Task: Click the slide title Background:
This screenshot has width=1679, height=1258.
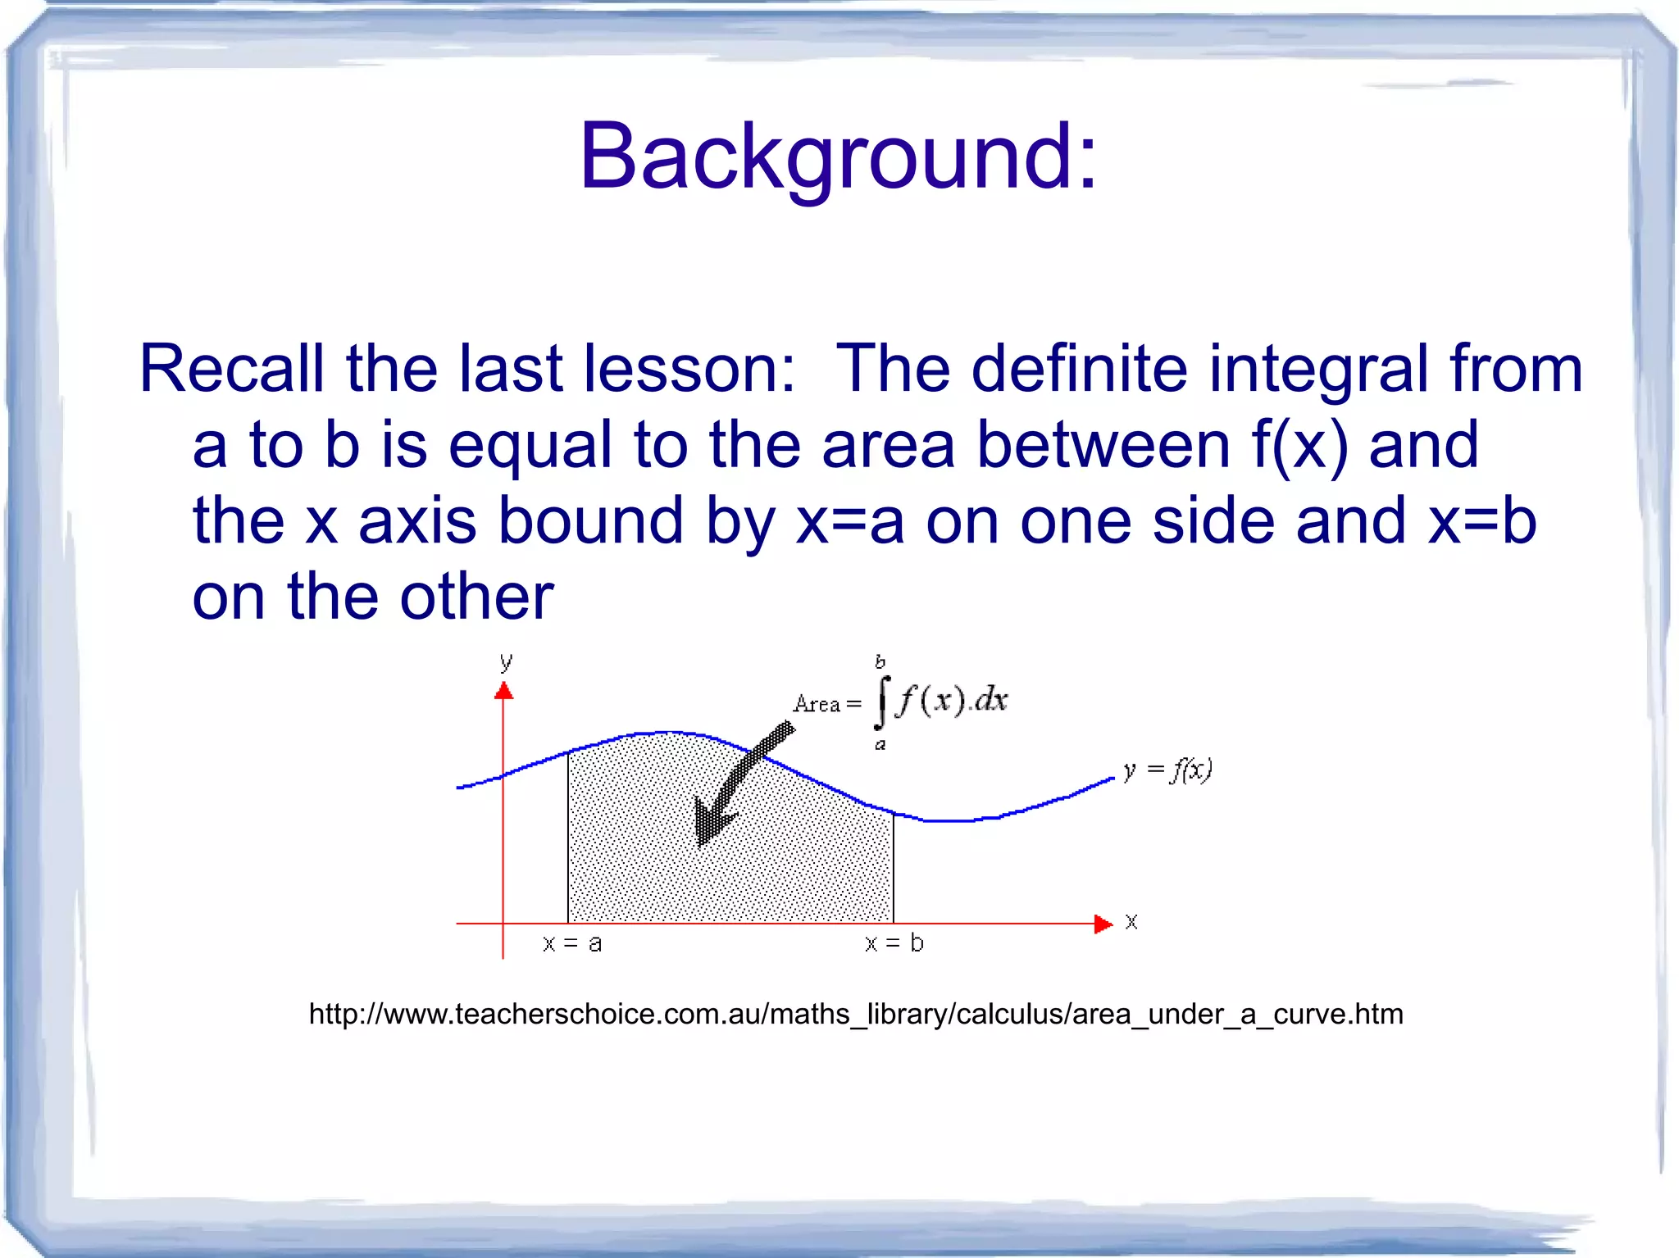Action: [838, 156]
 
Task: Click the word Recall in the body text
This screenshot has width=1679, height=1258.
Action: [231, 369]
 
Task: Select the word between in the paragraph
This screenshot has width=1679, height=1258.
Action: [1104, 445]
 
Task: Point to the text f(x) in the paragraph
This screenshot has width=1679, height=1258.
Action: [1299, 445]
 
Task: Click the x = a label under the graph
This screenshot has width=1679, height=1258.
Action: [572, 943]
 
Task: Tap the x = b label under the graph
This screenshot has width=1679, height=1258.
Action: [894, 943]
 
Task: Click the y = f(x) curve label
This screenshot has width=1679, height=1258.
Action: [1167, 770]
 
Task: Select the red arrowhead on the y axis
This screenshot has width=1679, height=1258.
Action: [503, 692]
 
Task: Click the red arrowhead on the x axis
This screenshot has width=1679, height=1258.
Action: [1103, 924]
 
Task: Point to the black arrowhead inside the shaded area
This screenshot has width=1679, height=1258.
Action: [710, 823]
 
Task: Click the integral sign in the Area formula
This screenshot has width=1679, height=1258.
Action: [881, 702]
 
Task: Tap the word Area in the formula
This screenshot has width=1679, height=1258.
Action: [817, 704]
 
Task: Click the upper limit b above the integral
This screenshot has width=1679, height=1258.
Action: [880, 661]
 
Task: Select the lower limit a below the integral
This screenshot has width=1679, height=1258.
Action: [880, 745]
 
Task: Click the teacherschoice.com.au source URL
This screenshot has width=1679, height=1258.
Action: [856, 1015]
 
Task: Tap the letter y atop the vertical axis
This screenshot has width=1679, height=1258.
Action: [506, 661]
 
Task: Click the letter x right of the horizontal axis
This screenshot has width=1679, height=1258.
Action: [1131, 922]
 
